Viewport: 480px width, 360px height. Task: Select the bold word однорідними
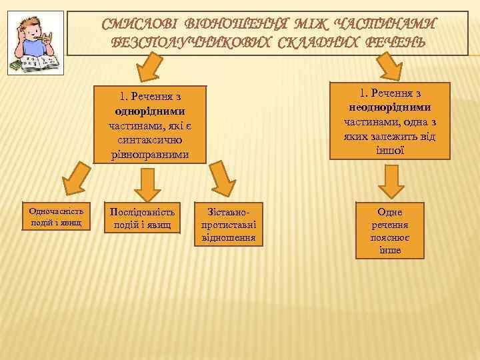click(x=150, y=111)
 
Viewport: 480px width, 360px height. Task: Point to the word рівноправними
click(x=150, y=155)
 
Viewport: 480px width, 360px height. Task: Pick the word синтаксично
click(x=150, y=141)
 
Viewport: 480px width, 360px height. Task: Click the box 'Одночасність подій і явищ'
click(x=55, y=217)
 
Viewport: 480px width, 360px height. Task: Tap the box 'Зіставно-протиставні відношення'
click(x=227, y=224)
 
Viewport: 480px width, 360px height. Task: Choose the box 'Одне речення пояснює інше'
click(x=390, y=230)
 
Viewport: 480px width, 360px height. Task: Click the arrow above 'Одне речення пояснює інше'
click(x=389, y=180)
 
